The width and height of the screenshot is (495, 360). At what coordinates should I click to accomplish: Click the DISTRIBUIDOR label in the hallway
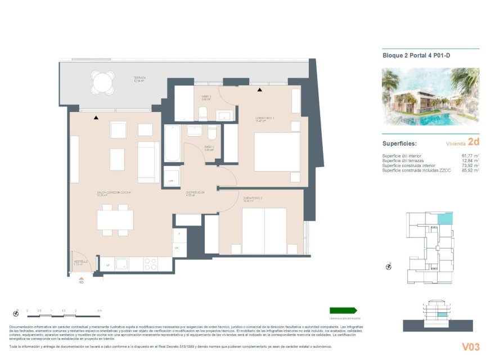[195, 193]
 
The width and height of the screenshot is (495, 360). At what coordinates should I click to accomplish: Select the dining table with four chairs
[115, 220]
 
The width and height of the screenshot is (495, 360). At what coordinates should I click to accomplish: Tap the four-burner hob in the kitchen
[151, 264]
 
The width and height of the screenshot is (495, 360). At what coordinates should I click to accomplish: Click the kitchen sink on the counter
[122, 264]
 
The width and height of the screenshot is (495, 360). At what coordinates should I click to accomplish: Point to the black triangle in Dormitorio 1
[260, 89]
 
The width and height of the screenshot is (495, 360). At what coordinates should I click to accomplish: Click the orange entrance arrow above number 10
[81, 277]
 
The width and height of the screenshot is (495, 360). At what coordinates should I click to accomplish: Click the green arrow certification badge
[343, 310]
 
